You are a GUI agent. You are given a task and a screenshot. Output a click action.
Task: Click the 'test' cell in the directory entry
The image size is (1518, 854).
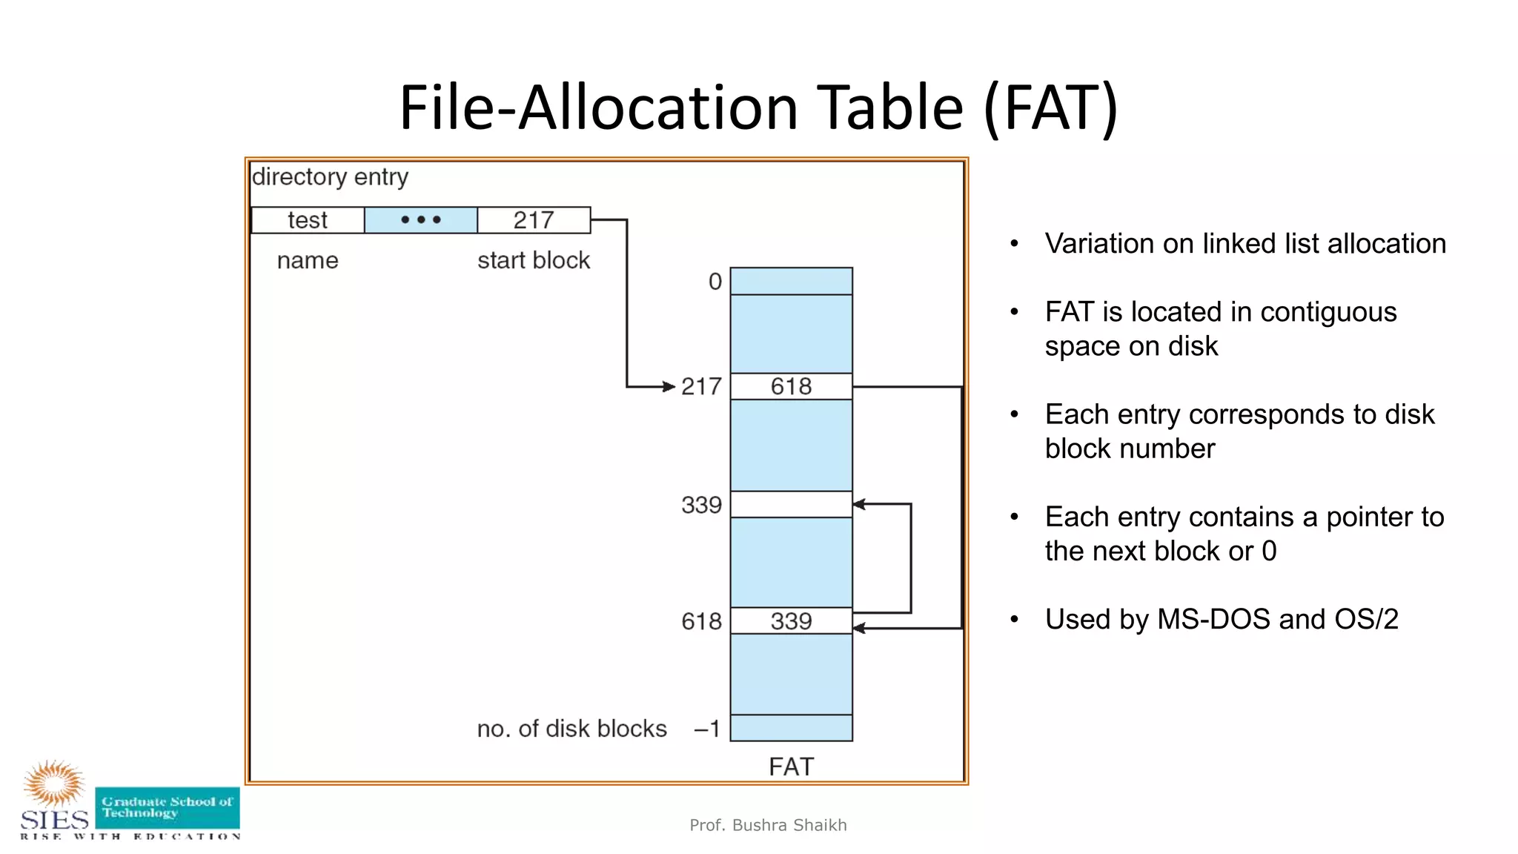308,220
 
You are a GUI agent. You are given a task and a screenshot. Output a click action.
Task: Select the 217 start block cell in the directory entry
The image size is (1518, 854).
534,220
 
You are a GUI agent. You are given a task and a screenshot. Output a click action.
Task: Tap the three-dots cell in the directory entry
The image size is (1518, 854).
420,220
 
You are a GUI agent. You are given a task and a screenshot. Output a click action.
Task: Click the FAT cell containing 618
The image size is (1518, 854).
791,386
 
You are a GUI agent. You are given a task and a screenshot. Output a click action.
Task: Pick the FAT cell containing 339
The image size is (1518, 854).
791,621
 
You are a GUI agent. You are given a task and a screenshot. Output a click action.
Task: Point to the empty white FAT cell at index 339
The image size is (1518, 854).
791,504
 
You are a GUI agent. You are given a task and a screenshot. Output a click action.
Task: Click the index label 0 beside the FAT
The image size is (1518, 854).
715,282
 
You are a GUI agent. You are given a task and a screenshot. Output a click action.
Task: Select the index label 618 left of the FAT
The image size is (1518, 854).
701,621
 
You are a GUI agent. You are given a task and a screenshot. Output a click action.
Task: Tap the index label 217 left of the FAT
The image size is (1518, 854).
701,386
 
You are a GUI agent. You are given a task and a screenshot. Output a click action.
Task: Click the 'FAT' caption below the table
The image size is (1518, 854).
791,767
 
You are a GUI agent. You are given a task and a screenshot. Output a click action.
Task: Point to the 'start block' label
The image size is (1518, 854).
534,260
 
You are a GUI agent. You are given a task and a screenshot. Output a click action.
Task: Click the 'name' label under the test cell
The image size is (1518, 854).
308,260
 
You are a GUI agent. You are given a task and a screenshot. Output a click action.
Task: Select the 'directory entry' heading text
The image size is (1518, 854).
331,177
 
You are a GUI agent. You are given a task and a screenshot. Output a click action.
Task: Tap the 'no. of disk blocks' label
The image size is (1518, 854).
571,729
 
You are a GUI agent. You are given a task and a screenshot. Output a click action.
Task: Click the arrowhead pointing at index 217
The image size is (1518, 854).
669,386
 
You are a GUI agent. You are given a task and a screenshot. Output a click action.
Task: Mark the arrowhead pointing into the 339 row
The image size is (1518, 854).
859,504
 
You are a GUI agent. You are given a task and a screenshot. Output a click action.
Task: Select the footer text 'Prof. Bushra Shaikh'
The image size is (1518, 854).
768,825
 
